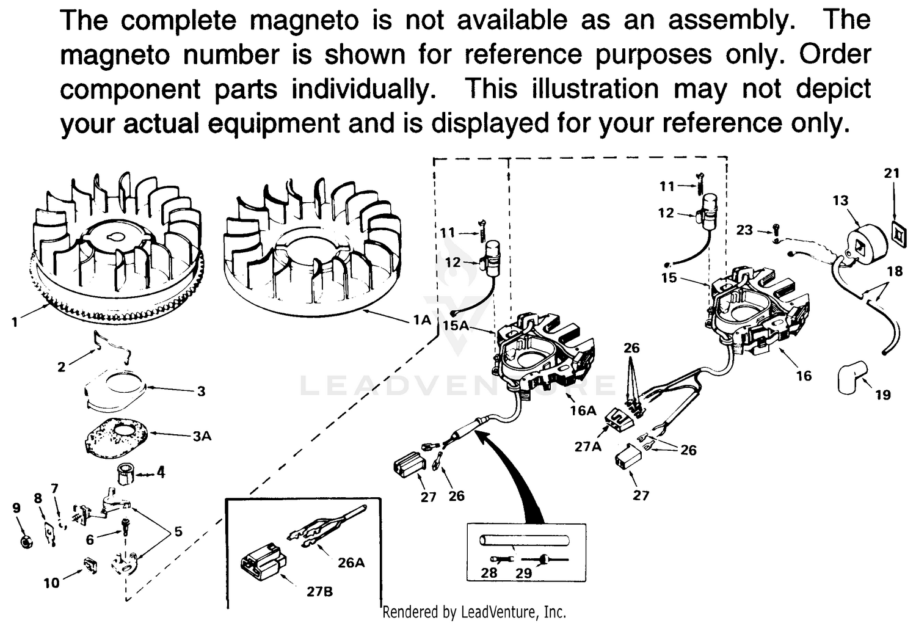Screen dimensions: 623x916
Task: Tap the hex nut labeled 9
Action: point(26,541)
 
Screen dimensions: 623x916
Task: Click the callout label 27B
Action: point(319,591)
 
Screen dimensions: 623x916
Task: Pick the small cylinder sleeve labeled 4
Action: point(126,473)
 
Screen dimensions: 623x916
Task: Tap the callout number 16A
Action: point(583,410)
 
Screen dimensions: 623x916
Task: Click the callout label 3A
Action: point(202,436)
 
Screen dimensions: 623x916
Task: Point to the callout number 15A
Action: point(456,325)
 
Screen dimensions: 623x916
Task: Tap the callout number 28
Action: point(489,572)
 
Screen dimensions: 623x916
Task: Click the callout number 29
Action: point(524,572)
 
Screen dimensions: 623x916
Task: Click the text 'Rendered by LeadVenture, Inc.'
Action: point(474,611)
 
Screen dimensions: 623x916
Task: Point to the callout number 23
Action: point(744,230)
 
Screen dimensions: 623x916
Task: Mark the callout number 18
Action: point(895,270)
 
